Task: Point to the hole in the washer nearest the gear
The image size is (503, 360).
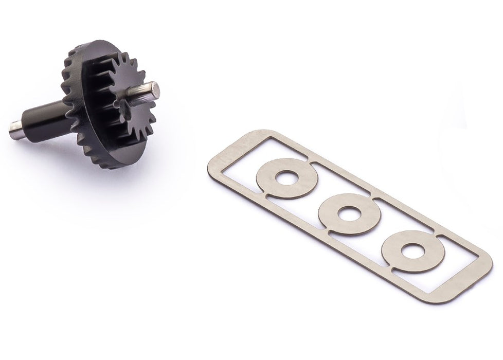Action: tap(286, 177)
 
